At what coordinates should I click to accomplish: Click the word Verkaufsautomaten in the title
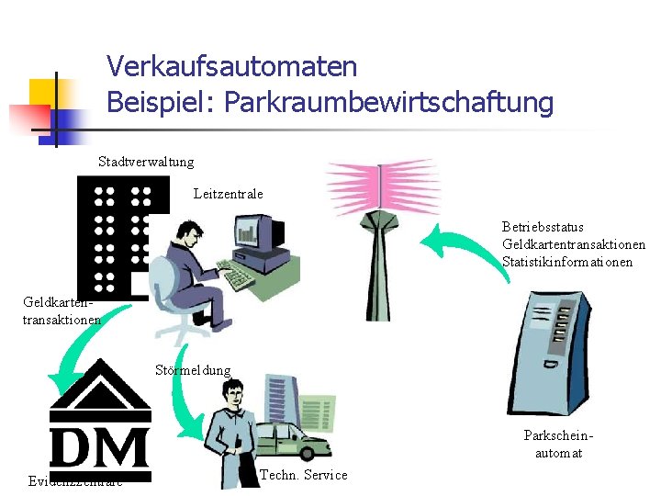pyautogui.click(x=231, y=67)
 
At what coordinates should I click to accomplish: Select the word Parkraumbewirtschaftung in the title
pyautogui.click(x=385, y=103)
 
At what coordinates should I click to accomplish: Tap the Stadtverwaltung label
pyautogui.click(x=146, y=162)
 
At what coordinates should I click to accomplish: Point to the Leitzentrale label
pyautogui.click(x=229, y=194)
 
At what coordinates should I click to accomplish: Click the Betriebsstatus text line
pyautogui.click(x=543, y=226)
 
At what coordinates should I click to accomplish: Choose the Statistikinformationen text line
pyautogui.click(x=567, y=262)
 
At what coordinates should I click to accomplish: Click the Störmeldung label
pyautogui.click(x=193, y=370)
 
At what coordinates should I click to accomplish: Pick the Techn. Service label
pyautogui.click(x=304, y=475)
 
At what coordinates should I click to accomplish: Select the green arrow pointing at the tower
pyautogui.click(x=459, y=249)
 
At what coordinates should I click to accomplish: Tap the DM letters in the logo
pyautogui.click(x=100, y=448)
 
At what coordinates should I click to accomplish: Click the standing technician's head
pyautogui.click(x=233, y=394)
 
